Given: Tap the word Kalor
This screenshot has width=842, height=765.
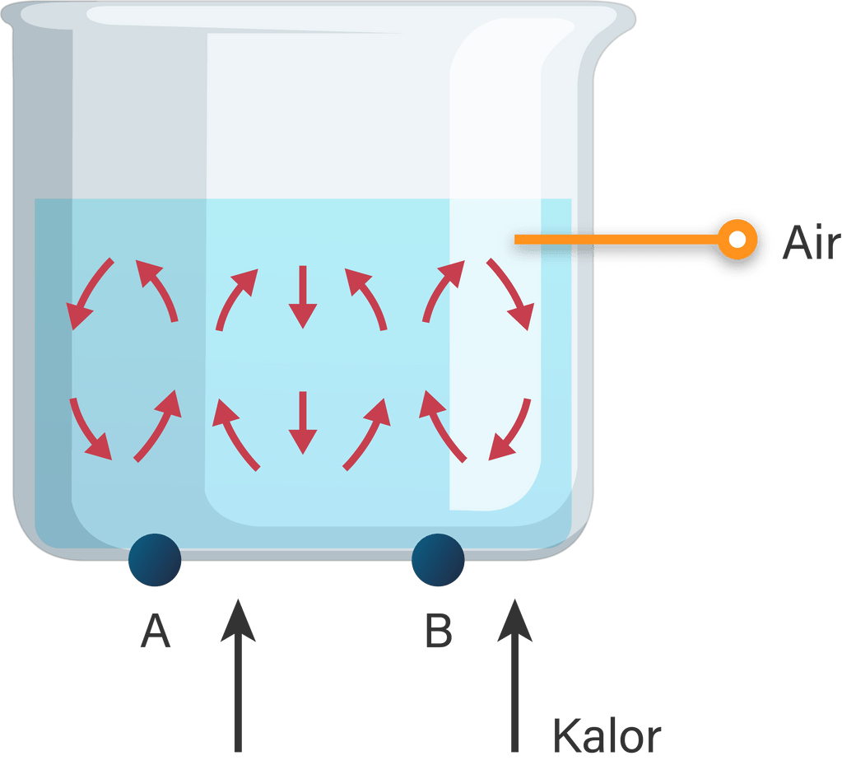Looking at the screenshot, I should tap(607, 735).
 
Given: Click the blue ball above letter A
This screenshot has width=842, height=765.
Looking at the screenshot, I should tap(155, 560).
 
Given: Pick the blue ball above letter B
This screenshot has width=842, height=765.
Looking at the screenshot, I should tap(438, 560).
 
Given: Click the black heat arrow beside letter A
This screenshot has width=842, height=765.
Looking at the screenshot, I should tap(239, 675).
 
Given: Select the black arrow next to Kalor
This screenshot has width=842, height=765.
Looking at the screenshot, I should tap(516, 675).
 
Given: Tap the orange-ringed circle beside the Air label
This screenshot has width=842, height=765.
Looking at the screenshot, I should tap(737, 240).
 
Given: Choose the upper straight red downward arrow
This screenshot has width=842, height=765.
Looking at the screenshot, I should tap(303, 296).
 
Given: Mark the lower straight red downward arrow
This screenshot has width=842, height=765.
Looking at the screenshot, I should tap(303, 422).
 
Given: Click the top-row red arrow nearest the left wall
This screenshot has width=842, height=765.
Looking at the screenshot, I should tap(91, 292).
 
